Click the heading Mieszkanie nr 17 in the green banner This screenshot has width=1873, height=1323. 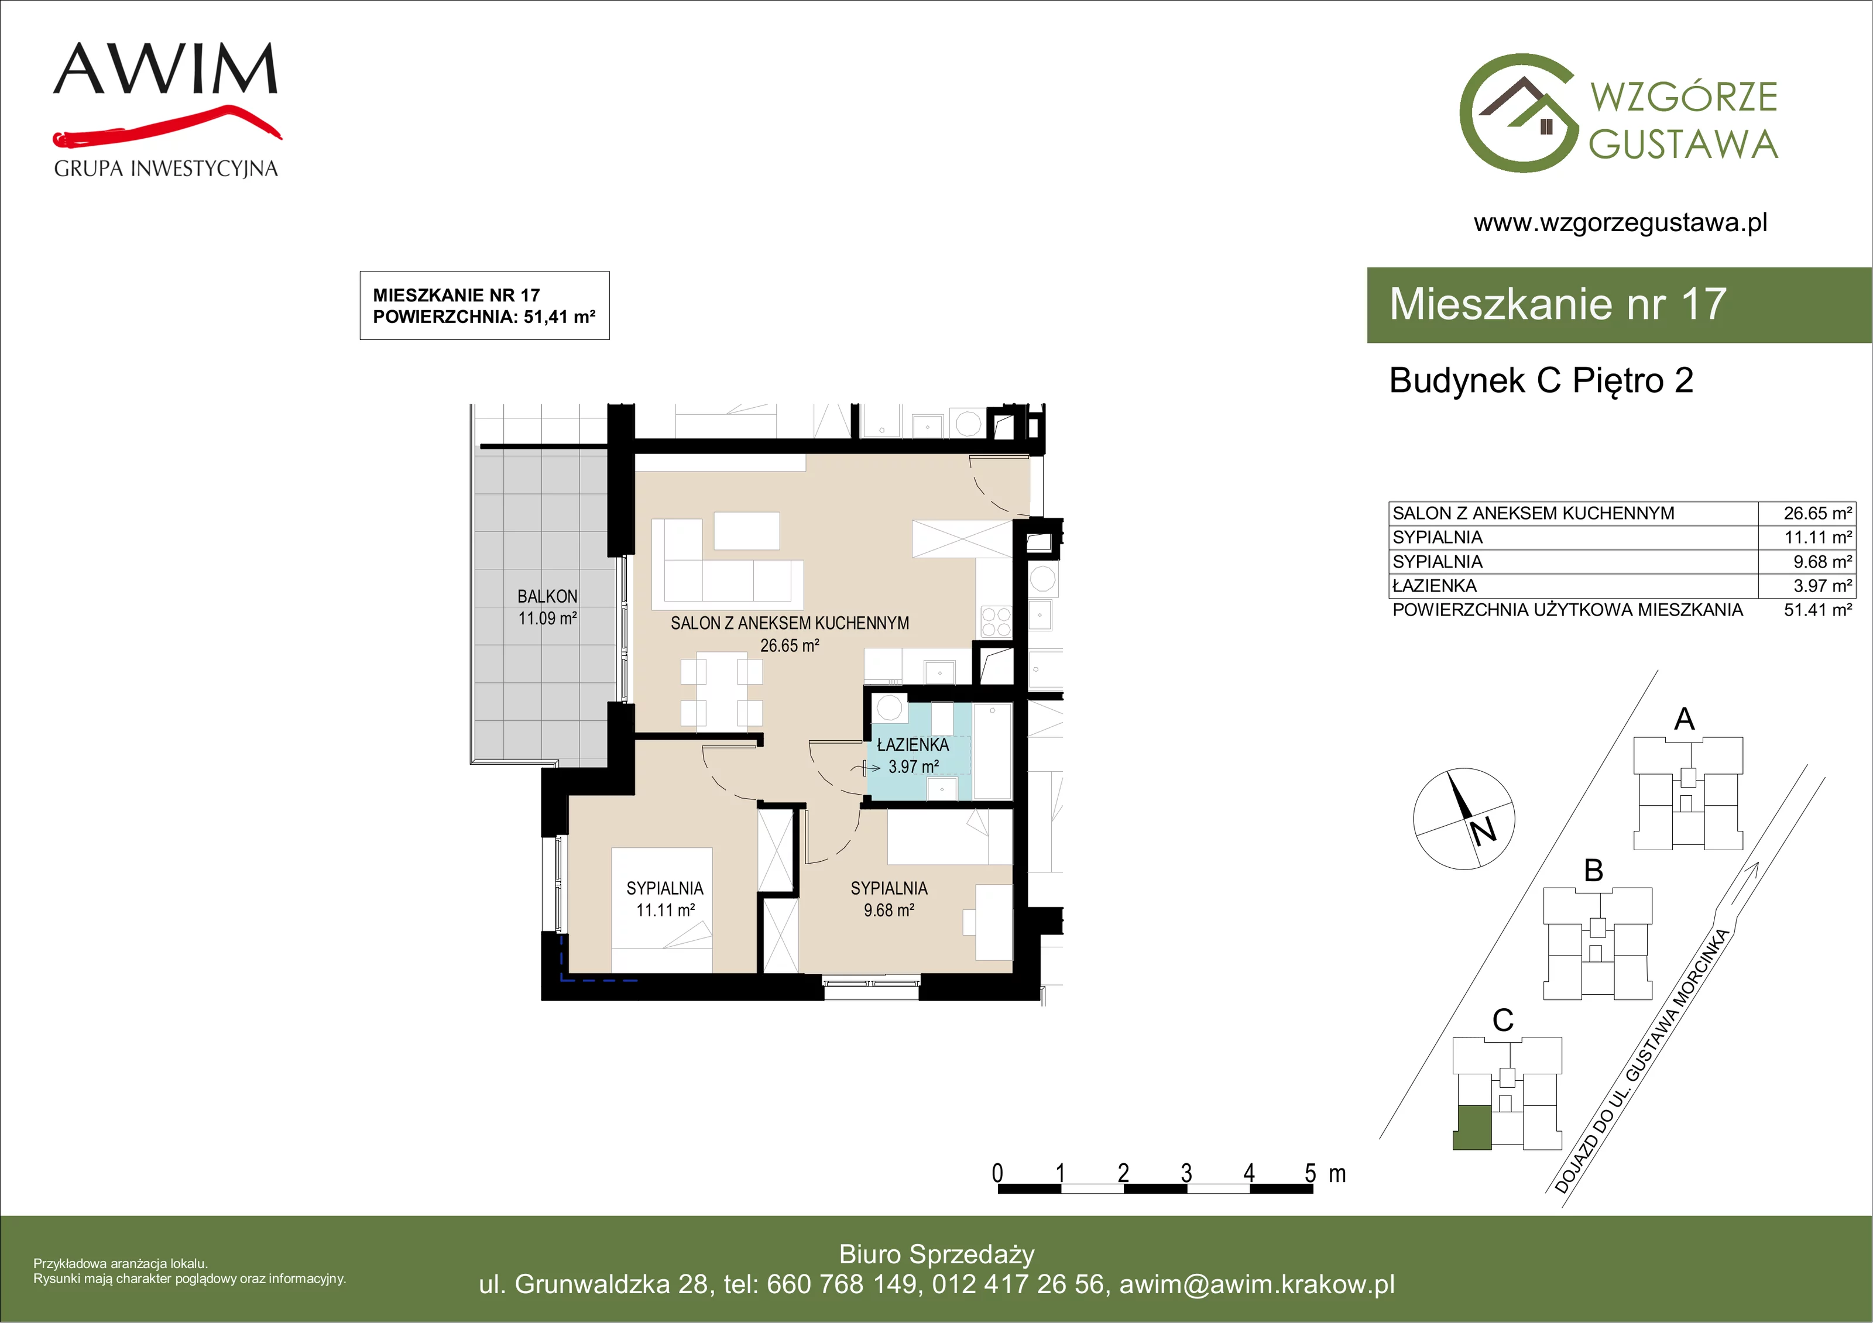[1558, 304]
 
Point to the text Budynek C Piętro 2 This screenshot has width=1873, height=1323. [1541, 381]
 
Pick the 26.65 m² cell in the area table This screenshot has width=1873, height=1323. [1817, 513]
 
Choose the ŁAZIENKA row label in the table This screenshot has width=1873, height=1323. [1434, 586]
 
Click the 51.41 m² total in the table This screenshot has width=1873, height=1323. [1817, 610]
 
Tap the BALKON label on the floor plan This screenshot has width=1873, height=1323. [547, 596]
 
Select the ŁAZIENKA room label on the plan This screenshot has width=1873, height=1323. [913, 745]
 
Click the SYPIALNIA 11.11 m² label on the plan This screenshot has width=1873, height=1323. [665, 899]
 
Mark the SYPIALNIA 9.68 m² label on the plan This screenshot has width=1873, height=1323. [889, 899]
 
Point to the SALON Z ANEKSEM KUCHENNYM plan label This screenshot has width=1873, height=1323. [790, 623]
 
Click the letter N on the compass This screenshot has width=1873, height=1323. [1484, 830]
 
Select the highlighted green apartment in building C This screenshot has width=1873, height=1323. [1473, 1128]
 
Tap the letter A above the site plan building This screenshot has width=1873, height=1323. [1685, 719]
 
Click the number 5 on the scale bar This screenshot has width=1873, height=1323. [1310, 1173]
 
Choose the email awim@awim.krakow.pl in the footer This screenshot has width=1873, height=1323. [1257, 1284]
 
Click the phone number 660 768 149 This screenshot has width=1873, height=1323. [842, 1284]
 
